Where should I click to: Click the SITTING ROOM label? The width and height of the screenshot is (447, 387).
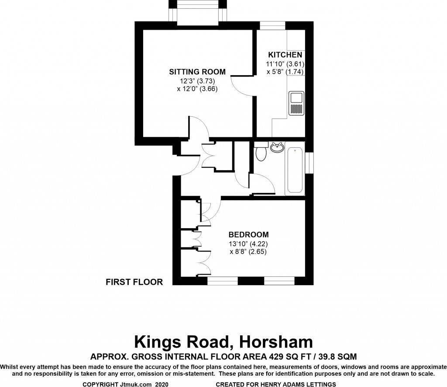197,72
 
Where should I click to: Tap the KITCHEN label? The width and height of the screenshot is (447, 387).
285,55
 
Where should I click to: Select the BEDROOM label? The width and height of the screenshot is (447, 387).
248,235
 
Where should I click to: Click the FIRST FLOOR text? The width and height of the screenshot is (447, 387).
134,282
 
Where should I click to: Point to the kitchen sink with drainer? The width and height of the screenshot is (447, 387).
296,103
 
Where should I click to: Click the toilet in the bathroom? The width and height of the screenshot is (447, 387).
261,152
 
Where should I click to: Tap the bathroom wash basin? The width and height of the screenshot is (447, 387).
276,147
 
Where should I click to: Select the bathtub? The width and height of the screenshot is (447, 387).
295,170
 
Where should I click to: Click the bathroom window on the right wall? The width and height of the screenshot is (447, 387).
309,163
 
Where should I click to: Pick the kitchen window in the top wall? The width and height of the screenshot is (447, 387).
272,25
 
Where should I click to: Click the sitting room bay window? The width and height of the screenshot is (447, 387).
198,11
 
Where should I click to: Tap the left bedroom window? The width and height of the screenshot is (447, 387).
222,281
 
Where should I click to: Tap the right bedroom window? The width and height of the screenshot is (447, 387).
279,281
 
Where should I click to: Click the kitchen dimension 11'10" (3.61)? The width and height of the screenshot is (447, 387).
285,64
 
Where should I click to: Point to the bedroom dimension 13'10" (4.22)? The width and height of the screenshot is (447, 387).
248,244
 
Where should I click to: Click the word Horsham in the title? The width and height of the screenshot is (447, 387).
276,342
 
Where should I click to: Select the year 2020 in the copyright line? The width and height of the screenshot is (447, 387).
162,384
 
